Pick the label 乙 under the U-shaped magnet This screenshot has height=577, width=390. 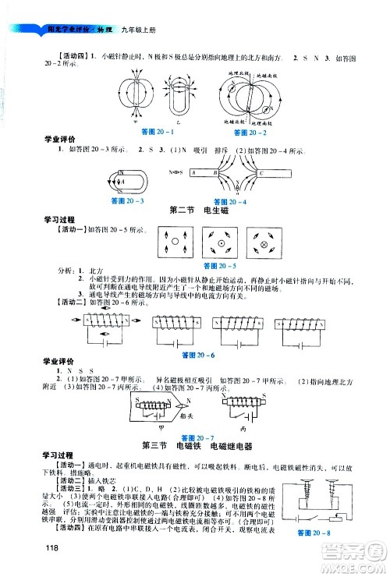pyautogui.click(x=182, y=124)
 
